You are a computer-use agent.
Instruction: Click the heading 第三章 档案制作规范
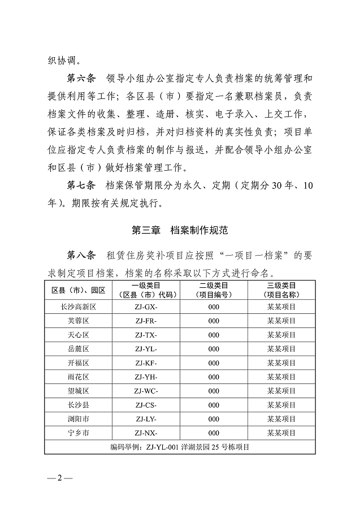pos(180,230)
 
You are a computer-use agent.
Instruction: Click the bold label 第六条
pos(82,76)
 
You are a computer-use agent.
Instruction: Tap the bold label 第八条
pos(82,255)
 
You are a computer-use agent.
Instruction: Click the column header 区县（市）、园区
pos(79,290)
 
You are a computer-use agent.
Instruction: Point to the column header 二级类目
pos(214,285)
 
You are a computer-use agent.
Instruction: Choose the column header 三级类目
pos(281,285)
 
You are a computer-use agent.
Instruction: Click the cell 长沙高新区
pos(79,307)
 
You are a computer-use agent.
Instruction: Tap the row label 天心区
pos(79,335)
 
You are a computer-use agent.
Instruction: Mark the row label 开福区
pos(79,363)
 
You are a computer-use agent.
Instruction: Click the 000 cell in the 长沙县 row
pos(214,405)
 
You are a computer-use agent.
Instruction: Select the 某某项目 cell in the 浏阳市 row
pos(281,419)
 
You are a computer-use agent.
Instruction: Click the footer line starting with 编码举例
pos(180,447)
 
